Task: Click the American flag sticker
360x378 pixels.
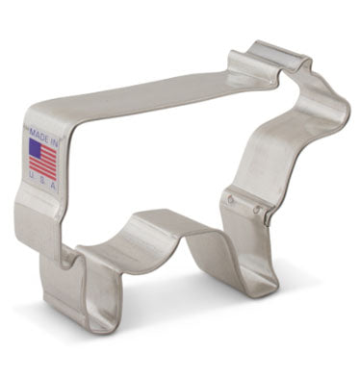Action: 41,160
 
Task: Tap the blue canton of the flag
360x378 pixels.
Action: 36,149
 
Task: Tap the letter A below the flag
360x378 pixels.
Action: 47,187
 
